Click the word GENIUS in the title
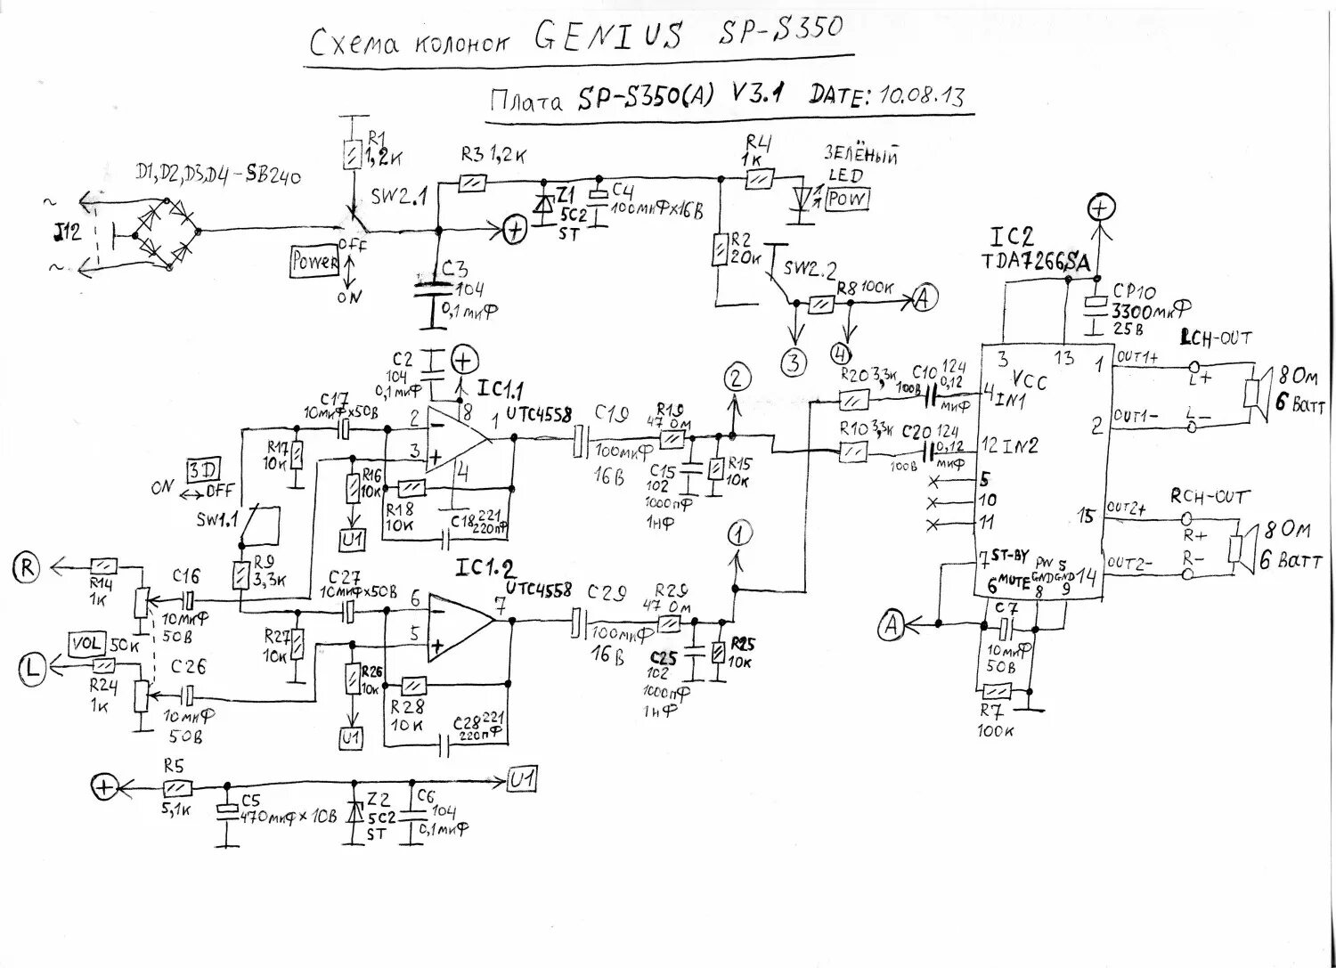click(x=608, y=37)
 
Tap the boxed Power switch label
click(x=315, y=262)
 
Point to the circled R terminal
click(x=28, y=567)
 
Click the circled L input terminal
click(x=32, y=668)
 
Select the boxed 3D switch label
click(x=203, y=471)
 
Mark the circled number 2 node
click(x=735, y=378)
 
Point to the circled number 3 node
click(x=793, y=363)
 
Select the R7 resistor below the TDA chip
click(x=996, y=690)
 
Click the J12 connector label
click(x=66, y=233)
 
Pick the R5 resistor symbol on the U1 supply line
click(x=177, y=787)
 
